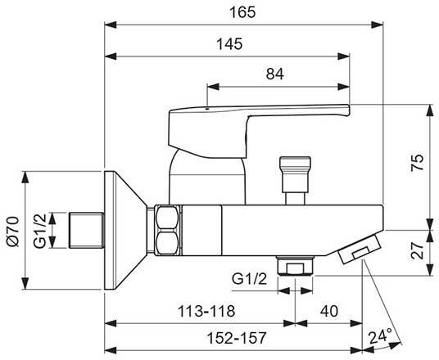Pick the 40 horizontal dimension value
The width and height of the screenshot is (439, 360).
[328, 310]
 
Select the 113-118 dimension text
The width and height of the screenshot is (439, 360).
[200, 310]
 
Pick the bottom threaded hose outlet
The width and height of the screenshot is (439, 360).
[295, 266]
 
